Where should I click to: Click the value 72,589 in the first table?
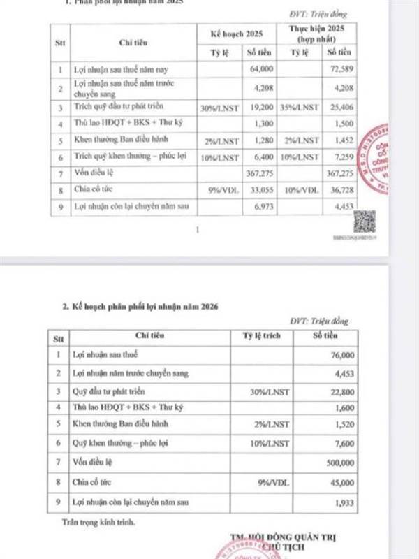click(338, 70)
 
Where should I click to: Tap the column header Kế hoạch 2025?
click(240, 34)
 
